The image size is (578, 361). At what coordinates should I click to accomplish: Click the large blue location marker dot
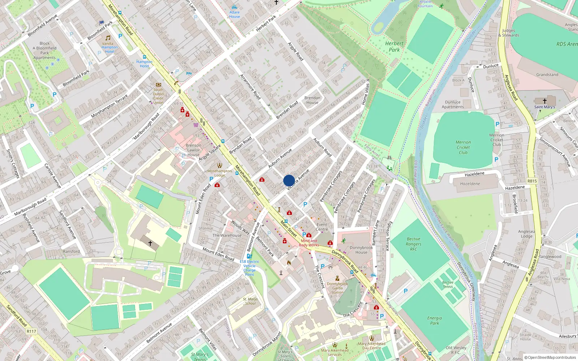point(289,180)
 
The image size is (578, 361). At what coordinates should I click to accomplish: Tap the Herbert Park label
point(394,47)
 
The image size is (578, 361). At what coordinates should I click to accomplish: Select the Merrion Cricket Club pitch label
point(463,147)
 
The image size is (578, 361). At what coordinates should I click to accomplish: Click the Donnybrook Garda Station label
point(337,288)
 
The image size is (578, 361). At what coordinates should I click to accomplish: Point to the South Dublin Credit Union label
point(158,96)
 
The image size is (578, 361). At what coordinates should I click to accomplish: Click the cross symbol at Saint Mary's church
point(544,101)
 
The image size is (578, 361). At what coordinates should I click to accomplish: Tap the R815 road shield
point(532,181)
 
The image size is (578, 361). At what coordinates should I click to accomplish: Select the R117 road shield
point(31,331)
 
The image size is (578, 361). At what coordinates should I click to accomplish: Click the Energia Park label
point(435,321)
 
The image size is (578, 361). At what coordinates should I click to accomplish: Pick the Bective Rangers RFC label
point(414,244)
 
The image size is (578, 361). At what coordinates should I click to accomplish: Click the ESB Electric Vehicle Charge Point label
point(249,268)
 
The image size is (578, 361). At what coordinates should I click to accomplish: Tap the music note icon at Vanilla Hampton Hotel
point(108,38)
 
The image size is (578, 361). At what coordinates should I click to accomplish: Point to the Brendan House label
point(312,100)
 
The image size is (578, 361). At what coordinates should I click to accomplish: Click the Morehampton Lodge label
point(220,173)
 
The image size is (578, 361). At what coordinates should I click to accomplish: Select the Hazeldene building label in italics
point(470,184)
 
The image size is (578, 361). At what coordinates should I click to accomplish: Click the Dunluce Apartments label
point(453,104)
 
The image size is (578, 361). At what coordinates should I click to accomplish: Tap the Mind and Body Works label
point(309,243)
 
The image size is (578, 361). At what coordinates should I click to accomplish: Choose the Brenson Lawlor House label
point(193,150)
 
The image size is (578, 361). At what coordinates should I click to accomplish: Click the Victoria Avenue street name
point(298,179)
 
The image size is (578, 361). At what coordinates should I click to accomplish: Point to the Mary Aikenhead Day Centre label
point(372,346)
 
